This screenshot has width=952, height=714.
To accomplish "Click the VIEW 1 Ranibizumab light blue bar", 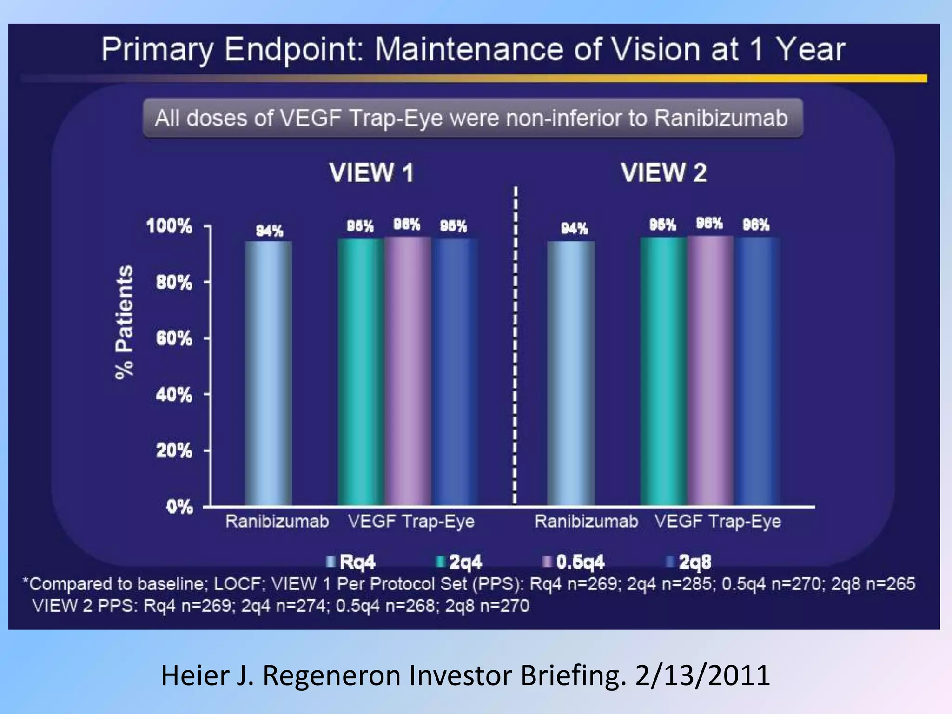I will (x=269, y=372).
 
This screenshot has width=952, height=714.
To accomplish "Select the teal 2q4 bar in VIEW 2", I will (x=663, y=372).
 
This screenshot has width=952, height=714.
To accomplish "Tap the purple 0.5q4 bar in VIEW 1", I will (x=407, y=372).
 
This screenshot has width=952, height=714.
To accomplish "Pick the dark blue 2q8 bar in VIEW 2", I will (x=757, y=372).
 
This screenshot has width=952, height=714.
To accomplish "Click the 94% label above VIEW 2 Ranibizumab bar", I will (x=575, y=229).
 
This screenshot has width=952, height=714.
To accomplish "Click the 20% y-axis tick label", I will (x=174, y=450).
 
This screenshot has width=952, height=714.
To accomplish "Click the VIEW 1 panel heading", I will (x=371, y=172).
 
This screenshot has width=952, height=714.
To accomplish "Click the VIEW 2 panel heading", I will (x=663, y=172).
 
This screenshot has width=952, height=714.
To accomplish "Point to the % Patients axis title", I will (x=124, y=322).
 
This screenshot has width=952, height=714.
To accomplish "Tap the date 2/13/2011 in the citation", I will (x=702, y=675).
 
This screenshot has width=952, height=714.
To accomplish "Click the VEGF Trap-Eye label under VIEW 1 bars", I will (x=411, y=522).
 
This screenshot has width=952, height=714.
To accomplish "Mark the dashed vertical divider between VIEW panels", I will (x=515, y=344).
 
